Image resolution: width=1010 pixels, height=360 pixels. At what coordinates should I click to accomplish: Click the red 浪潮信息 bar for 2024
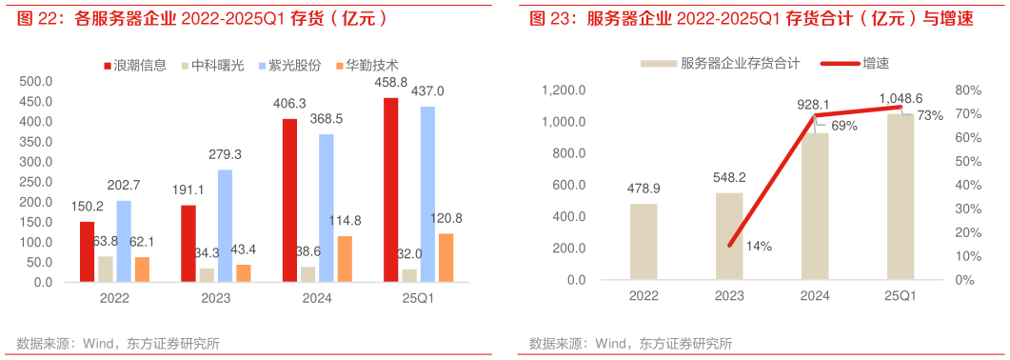pyautogui.click(x=289, y=200)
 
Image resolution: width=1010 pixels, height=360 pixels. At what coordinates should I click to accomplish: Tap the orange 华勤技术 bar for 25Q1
pyautogui.click(x=446, y=257)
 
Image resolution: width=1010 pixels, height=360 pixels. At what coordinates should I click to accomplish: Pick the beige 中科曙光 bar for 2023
pyautogui.click(x=207, y=274)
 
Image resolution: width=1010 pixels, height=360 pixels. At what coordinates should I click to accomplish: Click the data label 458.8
pyautogui.click(x=391, y=83)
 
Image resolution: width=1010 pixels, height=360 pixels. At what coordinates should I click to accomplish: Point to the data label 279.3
pyautogui.click(x=225, y=154)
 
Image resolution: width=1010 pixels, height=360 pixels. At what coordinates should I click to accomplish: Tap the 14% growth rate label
pyautogui.click(x=759, y=247)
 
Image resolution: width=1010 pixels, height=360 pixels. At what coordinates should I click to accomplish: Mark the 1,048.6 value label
pyautogui.click(x=901, y=98)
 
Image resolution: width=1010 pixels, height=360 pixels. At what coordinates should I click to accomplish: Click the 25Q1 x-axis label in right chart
pyautogui.click(x=901, y=295)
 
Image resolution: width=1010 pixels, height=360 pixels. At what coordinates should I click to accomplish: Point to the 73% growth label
pyautogui.click(x=930, y=115)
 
